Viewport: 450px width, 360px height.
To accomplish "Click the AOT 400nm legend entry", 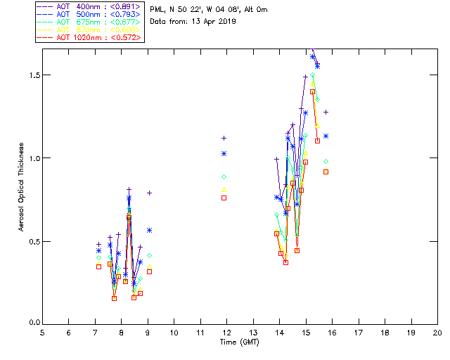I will pos(81,6).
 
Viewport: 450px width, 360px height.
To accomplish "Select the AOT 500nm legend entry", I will pos(81,14).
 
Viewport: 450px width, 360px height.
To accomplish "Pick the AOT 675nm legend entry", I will pos(81,22).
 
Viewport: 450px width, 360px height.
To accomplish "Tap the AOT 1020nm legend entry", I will pos(81,37).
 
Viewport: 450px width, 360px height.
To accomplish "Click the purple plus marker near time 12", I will pos(224,139).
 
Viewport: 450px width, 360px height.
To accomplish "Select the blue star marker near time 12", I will pos(224,153).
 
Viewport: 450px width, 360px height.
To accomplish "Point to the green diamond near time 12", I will pos(224,176).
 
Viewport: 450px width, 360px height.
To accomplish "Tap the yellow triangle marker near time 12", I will pos(224,189).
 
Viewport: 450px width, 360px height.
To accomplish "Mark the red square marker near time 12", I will pos(224,198).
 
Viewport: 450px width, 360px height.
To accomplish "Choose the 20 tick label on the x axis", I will pos(437,333).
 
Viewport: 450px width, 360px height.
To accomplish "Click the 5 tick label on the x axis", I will pos(42,333).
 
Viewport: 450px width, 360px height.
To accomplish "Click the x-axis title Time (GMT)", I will pos(240,342).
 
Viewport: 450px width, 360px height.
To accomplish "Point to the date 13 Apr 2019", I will pos(214,21).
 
